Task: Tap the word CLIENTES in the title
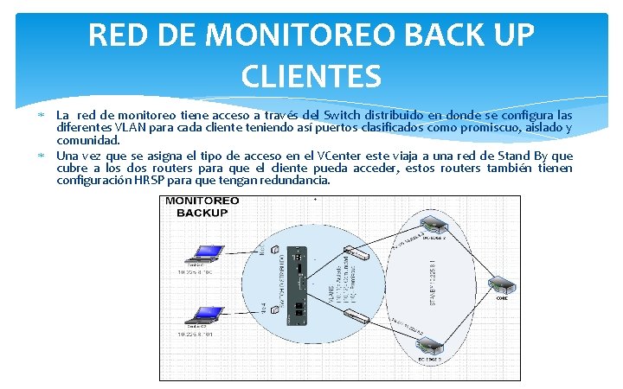click(x=311, y=78)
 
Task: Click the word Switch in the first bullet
click(x=321, y=115)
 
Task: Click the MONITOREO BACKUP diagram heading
click(x=202, y=207)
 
